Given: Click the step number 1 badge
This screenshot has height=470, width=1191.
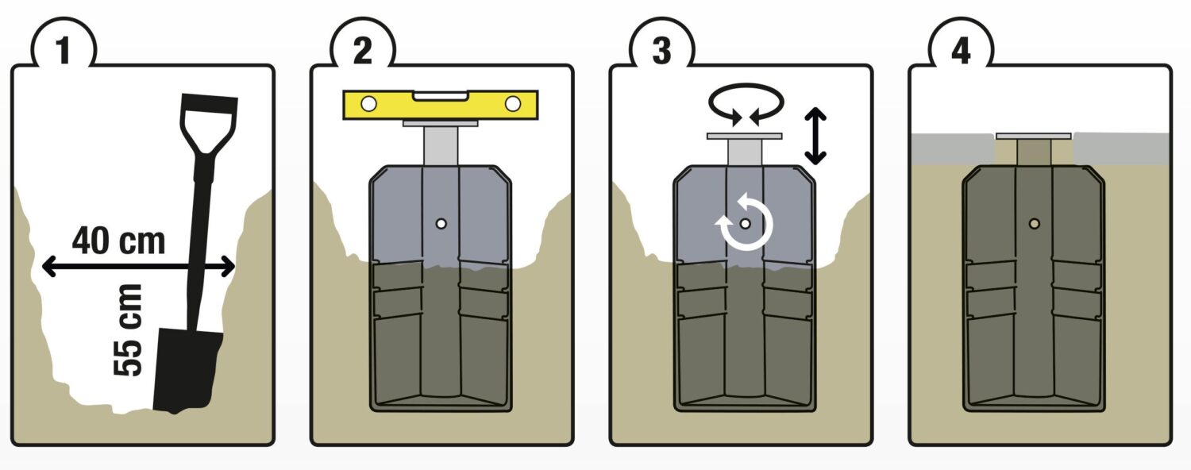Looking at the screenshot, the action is pos(64,50).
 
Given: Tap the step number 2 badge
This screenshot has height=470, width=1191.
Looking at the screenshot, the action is pos(363,50).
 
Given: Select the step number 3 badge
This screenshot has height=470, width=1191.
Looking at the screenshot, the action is pos(661,50).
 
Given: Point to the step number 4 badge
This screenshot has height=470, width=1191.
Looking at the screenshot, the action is pos(960,50).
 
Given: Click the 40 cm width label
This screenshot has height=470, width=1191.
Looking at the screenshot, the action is pos(118,241).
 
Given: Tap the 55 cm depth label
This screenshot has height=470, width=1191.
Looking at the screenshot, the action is pos(129,330).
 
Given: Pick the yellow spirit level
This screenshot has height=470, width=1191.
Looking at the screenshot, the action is pos(440,104).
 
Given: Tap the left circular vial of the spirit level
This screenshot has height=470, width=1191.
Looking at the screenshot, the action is pos(368,104).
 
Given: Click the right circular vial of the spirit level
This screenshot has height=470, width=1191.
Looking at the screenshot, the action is pos(513,104).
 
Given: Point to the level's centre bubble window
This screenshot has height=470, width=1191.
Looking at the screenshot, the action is pos(440,96).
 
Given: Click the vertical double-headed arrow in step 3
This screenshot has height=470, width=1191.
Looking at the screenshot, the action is pos(815,136).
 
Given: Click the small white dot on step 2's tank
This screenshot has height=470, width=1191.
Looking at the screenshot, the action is pos(441,224).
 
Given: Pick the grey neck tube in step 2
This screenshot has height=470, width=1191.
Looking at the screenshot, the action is pos(441,145).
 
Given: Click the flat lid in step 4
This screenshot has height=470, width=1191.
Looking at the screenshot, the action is pos(1033,136).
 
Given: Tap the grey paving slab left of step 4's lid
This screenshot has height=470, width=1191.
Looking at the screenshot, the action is pos(952,148).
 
